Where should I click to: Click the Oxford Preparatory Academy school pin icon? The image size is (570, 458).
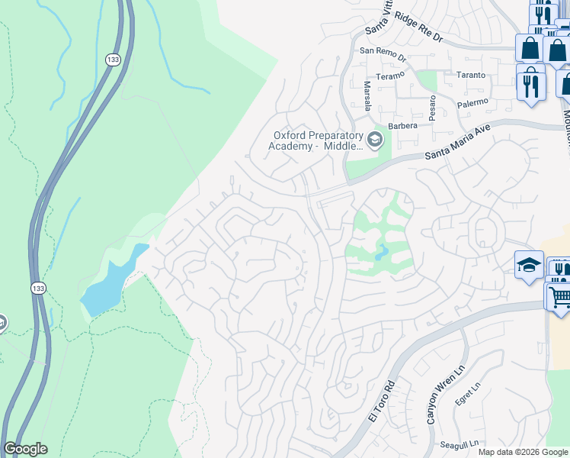coord(374,139)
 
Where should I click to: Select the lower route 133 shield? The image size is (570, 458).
coord(39,289)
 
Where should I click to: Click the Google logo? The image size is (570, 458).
coord(25,449)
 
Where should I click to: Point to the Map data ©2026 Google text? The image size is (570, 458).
coord(522,452)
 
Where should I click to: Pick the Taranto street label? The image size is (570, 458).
coord(470,75)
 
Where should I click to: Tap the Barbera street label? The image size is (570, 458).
coord(403,126)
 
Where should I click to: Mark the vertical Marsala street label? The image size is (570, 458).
coord(367,96)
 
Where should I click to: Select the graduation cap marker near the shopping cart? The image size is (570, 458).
coord(529,265)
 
